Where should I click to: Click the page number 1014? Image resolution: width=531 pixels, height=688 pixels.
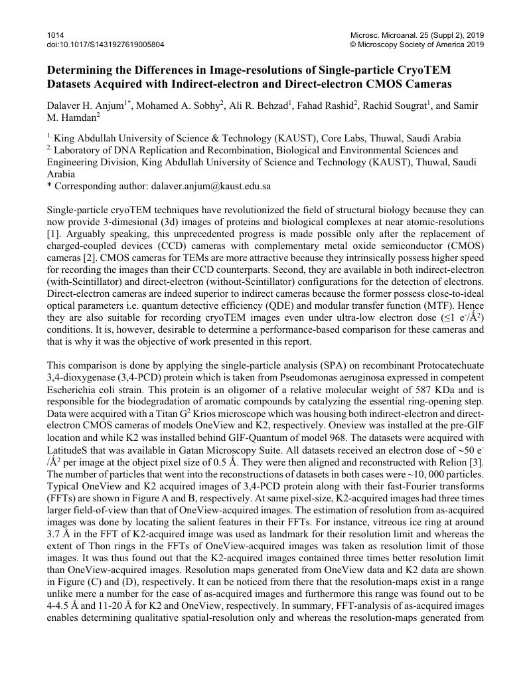pos(56,35)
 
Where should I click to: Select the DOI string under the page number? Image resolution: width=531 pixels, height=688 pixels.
pos(106,44)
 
